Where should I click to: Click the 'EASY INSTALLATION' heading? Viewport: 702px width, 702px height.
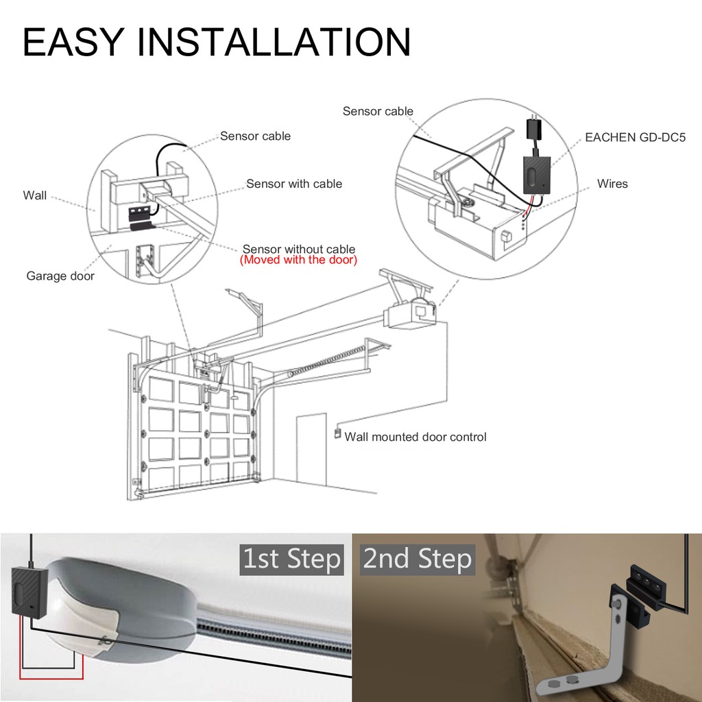[217, 42]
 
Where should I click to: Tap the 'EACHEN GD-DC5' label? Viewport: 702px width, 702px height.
[635, 137]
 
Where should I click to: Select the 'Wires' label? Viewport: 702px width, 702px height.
[612, 184]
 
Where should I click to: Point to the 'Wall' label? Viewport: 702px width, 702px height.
[34, 195]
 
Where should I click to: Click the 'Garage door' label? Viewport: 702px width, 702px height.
[60, 276]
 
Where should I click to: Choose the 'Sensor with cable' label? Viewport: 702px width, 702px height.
[294, 184]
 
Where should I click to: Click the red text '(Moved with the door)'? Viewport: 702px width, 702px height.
[299, 260]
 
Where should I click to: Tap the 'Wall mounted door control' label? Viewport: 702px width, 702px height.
[415, 437]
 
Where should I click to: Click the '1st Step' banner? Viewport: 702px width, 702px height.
[291, 559]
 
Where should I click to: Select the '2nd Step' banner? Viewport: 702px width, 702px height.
[417, 559]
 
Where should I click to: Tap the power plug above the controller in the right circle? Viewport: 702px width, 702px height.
[533, 126]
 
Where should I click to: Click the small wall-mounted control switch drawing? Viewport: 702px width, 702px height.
[337, 434]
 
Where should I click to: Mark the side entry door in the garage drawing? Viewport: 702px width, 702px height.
[311, 450]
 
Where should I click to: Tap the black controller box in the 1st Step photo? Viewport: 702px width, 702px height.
[28, 590]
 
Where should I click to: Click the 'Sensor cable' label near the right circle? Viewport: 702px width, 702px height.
[378, 112]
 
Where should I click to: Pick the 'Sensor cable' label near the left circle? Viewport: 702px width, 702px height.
[255, 136]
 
